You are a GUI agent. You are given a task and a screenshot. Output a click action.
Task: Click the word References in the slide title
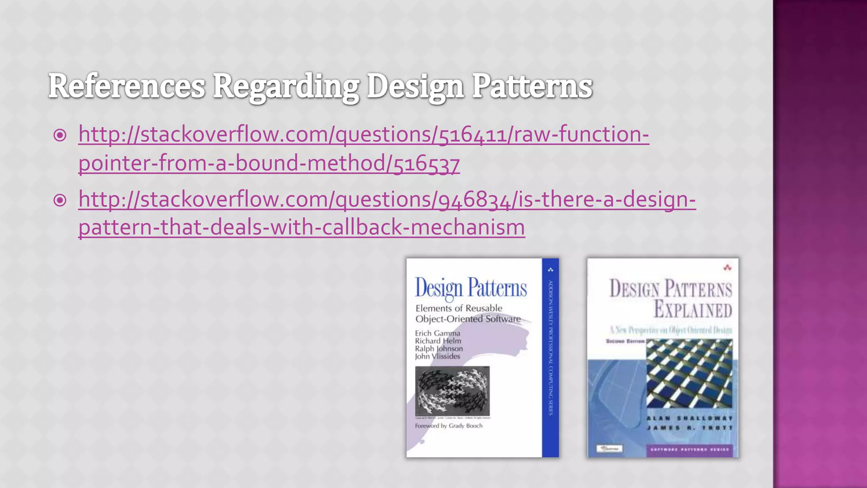(127, 86)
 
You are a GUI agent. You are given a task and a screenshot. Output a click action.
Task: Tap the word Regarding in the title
(286, 87)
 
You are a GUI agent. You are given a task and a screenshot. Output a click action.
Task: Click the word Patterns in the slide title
(532, 86)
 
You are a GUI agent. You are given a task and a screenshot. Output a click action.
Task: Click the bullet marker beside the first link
(60, 135)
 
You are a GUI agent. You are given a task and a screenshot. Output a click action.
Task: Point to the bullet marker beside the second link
(60, 200)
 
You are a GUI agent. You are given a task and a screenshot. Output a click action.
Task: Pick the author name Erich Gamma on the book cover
(437, 333)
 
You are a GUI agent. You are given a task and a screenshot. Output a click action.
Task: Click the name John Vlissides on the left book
(437, 356)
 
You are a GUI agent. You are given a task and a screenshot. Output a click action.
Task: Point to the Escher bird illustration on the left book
(452, 391)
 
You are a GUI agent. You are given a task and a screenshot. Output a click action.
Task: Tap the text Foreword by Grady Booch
(449, 426)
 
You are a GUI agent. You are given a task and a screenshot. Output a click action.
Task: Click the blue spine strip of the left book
(550, 358)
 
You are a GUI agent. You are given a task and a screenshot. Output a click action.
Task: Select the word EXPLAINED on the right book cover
(693, 309)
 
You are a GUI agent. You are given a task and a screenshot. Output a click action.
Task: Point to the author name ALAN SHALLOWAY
(689, 419)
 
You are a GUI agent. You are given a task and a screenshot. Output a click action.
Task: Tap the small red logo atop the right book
(727, 267)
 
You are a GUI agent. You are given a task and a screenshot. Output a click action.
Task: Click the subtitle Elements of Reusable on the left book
(459, 308)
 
